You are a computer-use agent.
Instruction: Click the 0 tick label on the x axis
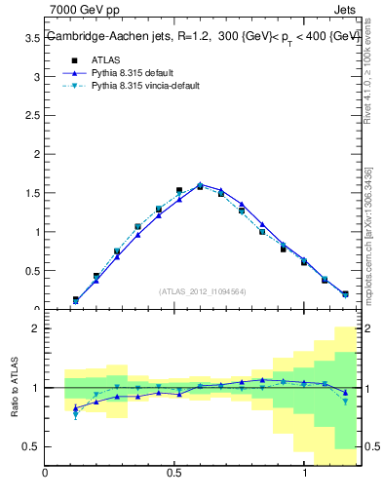coord(45,473)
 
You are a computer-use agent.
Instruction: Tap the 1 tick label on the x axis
coord(305,473)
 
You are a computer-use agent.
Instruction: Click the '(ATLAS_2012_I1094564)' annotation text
coord(201,291)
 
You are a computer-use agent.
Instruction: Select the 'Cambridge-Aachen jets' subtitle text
coord(97,35)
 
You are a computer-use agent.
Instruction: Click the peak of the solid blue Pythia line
coord(200,183)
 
